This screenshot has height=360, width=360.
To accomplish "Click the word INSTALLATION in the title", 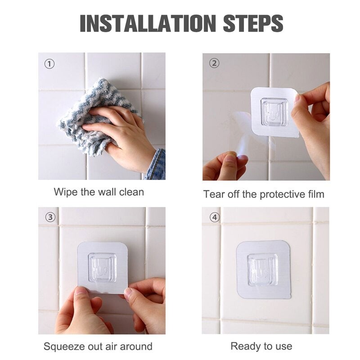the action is (x=148, y=23).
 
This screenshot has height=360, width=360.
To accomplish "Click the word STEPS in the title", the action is (x=253, y=23).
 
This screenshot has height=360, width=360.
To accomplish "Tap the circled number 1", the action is (x=49, y=64).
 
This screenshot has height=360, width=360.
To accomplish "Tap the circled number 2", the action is (x=214, y=63).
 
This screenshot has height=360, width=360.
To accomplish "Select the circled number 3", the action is (x=50, y=217).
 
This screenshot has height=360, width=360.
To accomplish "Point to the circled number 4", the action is (x=215, y=217).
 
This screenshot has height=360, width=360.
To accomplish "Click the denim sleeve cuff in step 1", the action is (x=156, y=164).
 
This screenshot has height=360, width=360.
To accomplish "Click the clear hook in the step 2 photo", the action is (x=274, y=112).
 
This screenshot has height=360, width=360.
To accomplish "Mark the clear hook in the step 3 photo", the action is (x=102, y=267).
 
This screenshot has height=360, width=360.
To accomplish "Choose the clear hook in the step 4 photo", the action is (x=262, y=270).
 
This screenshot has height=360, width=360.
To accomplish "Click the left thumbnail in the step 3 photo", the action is (x=81, y=291).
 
